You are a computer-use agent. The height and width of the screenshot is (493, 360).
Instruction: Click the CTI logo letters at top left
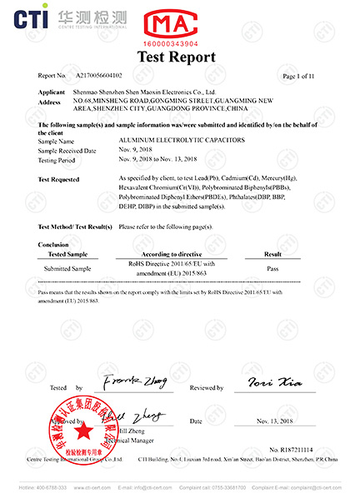(27, 16)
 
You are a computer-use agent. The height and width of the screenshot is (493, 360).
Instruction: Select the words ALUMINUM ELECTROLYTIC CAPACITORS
(172, 142)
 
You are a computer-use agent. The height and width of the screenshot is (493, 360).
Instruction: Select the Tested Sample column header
(67, 253)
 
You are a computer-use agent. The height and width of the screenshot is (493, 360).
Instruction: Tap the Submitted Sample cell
(67, 268)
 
